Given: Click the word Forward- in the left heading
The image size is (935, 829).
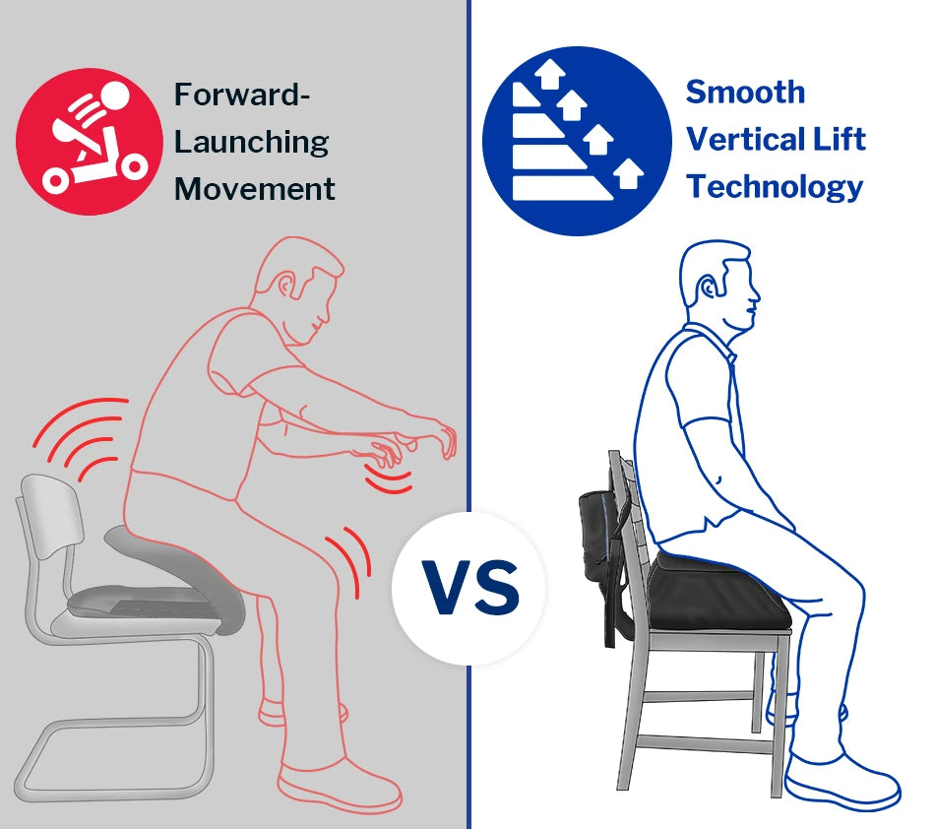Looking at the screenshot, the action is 241,95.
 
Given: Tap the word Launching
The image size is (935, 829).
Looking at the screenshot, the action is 251,143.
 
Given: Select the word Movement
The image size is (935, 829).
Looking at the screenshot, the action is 255,189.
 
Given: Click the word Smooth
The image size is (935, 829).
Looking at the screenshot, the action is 745,93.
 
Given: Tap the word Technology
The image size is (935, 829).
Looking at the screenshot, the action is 775,187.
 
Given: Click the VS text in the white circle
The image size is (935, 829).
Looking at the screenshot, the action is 470,588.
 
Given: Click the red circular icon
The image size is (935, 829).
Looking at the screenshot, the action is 90,142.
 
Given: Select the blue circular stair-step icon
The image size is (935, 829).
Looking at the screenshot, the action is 577,141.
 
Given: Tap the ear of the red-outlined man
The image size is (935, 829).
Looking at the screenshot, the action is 286,287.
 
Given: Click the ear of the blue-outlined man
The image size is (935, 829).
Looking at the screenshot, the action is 708,289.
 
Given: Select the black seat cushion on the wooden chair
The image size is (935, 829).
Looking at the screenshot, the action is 718,592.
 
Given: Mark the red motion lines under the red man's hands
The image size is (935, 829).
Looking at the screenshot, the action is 389,480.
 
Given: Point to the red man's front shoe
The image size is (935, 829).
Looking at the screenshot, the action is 339,786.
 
